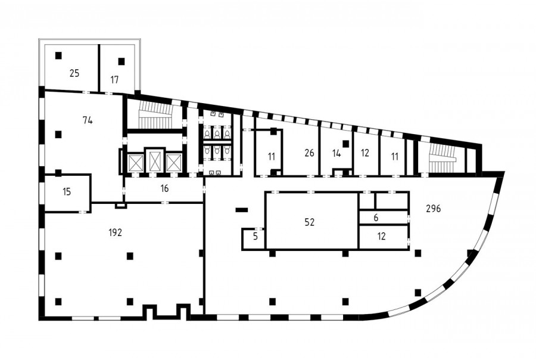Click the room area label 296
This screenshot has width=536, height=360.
coord(434,209)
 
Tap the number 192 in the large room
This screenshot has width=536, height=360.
coord(115,232)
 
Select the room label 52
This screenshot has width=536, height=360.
coord(309,222)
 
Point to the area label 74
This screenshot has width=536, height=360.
coord(88,120)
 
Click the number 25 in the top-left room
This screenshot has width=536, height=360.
coord(74,73)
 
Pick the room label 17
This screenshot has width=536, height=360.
coord(114,80)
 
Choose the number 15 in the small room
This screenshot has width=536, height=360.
coord(67,192)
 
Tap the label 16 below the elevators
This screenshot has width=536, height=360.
coord(164,188)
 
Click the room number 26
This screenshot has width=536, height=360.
coord(309,153)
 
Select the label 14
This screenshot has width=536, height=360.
coord(336,153)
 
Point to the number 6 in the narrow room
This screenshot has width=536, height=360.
coord(376,218)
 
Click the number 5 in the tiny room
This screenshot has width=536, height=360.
coord(255,237)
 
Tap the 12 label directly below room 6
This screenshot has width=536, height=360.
coord(382,236)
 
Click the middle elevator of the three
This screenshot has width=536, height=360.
coord(155,161)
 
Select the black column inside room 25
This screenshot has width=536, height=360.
coord(59,55)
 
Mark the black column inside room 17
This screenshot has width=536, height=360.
coord(121,61)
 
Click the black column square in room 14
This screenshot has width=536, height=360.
coord(345,144)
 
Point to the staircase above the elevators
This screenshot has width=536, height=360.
coord(155,116)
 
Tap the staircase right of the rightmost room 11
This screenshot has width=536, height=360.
coord(442,157)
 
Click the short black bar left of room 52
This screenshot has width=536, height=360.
coord(242,210)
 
